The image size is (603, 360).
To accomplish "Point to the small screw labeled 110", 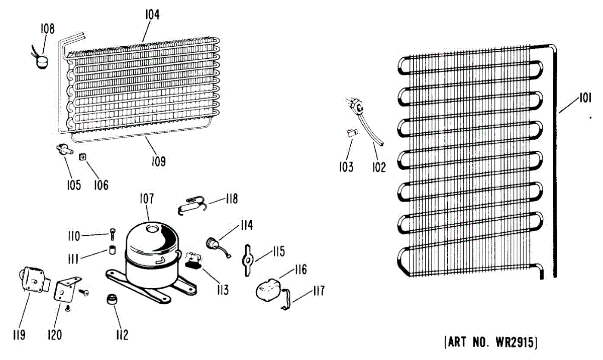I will (112, 233).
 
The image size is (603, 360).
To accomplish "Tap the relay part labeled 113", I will (193, 260).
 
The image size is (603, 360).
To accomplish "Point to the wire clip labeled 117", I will (286, 301).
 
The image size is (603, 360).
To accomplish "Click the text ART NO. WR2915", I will (491, 343).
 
